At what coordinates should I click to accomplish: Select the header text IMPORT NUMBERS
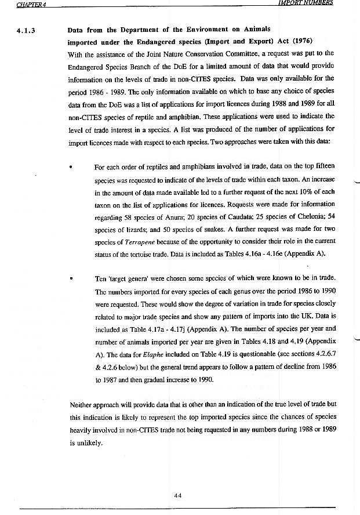tap(306, 3)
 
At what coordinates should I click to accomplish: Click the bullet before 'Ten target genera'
tap(70, 278)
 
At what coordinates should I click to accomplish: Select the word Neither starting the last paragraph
tap(81, 404)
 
